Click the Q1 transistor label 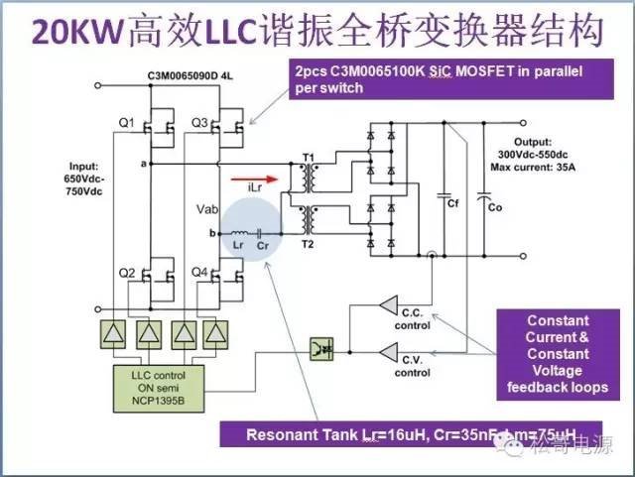[125, 122]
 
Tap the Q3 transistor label [197, 122]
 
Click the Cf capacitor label [452, 203]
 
